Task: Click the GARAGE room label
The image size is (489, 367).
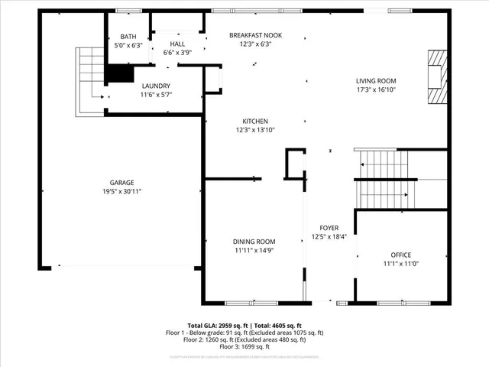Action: tap(121, 182)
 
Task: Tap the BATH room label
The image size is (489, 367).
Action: tap(128, 36)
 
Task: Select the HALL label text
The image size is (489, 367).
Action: tap(177, 44)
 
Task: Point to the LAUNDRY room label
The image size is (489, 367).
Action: tap(155, 86)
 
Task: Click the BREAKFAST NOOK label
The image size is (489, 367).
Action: tap(256, 35)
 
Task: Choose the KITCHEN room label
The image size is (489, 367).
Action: tap(254, 122)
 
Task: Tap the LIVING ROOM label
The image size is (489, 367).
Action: tap(376, 80)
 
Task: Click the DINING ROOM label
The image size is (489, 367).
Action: tap(254, 242)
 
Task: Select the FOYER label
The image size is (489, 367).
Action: tap(329, 228)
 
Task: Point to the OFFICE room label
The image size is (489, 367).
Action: tap(401, 255)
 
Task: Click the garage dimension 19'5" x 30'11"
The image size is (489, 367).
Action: tap(121, 191)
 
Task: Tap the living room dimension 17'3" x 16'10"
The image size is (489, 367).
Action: tap(376, 89)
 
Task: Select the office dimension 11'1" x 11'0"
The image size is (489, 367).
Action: tap(401, 264)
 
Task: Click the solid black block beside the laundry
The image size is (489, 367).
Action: tap(118, 73)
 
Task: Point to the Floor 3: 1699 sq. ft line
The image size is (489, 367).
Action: tap(244, 347)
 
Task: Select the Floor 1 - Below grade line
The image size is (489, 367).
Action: tap(244, 333)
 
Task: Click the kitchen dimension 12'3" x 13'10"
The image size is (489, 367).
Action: tap(254, 130)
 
